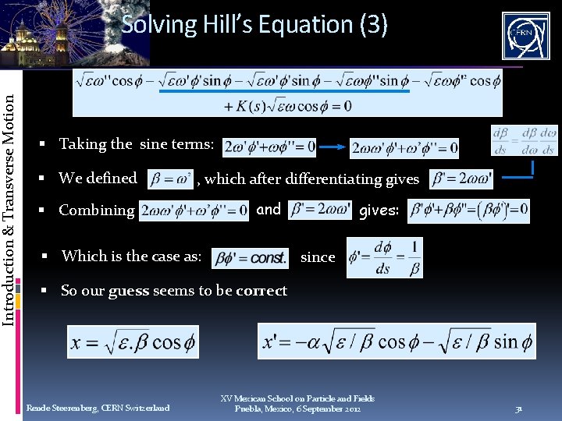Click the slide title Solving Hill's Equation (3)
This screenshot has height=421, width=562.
254,24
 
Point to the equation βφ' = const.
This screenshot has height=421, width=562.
250,256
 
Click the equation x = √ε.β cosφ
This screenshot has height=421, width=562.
134,341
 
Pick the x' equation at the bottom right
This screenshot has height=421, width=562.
397,341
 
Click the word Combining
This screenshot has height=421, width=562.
97,210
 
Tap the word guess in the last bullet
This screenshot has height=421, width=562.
129,291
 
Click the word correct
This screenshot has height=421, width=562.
261,291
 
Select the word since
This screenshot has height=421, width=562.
318,256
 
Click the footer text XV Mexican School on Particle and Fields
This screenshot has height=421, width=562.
297,398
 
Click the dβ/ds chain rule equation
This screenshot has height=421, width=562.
524,140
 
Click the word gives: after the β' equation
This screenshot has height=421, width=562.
379,210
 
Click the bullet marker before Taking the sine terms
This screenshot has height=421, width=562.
48,144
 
